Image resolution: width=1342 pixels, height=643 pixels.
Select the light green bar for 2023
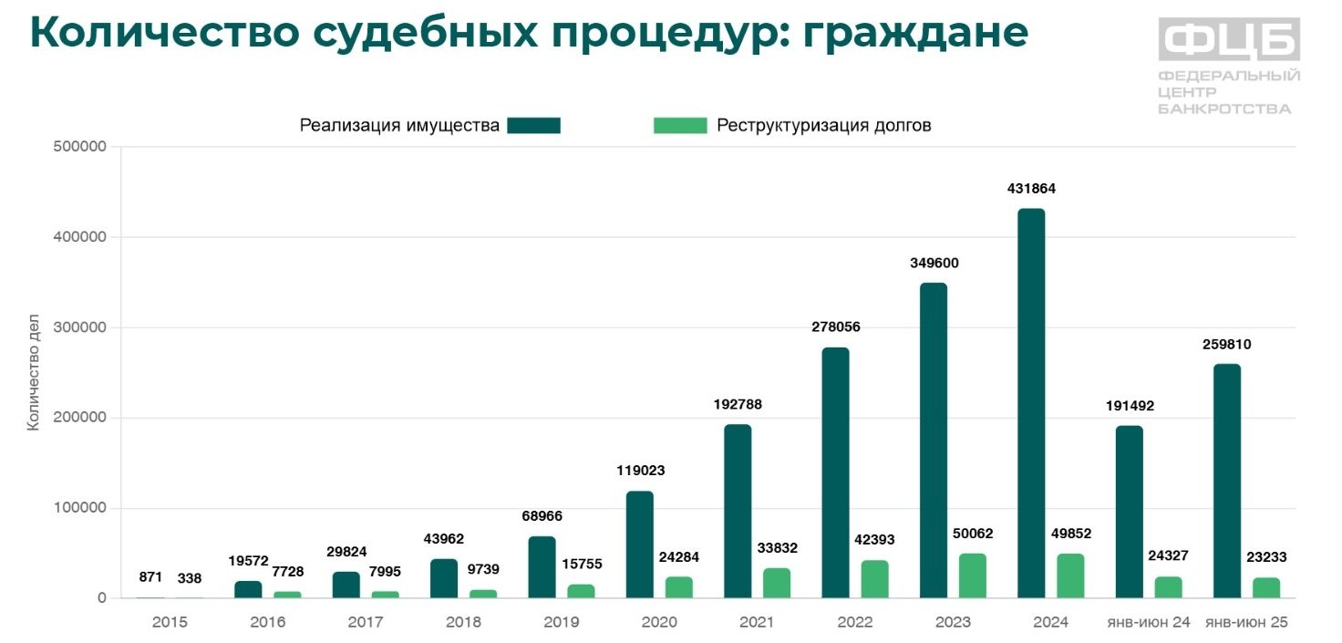[972, 576]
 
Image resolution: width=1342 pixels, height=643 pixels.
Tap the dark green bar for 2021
[738, 511]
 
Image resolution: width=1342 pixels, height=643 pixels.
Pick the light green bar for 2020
[678, 587]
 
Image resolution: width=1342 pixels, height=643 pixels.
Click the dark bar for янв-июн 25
[1226, 481]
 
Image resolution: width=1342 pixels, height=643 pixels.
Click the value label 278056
[835, 327]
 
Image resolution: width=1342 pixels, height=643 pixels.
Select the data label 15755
[581, 564]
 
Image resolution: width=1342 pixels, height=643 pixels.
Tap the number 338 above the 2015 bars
[190, 578]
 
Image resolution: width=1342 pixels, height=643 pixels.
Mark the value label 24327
[1169, 556]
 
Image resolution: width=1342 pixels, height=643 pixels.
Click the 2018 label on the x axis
[463, 623]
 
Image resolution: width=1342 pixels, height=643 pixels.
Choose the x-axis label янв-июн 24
[1149, 623]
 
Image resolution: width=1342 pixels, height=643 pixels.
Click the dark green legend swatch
[533, 126]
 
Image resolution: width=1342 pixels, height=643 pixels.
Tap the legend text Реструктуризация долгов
[823, 126]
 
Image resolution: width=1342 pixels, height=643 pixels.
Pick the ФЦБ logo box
[1229, 39]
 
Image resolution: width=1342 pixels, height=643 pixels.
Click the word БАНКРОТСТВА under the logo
[1224, 109]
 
